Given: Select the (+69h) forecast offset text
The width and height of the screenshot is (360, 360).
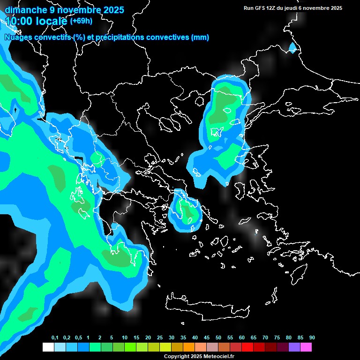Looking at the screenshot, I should (x=81, y=21).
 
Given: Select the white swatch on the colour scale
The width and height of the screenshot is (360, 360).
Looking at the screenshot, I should (x=48, y=347).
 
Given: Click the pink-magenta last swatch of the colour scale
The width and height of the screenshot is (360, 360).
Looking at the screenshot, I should (x=306, y=347).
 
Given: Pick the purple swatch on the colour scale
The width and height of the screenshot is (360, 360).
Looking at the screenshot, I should (x=294, y=347).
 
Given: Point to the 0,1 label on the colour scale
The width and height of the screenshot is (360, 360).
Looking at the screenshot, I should (x=55, y=338).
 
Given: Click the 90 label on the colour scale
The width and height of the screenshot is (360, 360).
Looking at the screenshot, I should (x=312, y=338).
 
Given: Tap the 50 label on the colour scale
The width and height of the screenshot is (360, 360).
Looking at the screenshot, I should (x=218, y=338).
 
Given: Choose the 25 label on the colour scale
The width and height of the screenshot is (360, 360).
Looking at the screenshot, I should (x=160, y=338).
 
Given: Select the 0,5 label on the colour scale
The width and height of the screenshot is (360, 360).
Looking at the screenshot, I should (x=78, y=338).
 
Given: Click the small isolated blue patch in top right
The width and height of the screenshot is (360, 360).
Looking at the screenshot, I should (x=293, y=48).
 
